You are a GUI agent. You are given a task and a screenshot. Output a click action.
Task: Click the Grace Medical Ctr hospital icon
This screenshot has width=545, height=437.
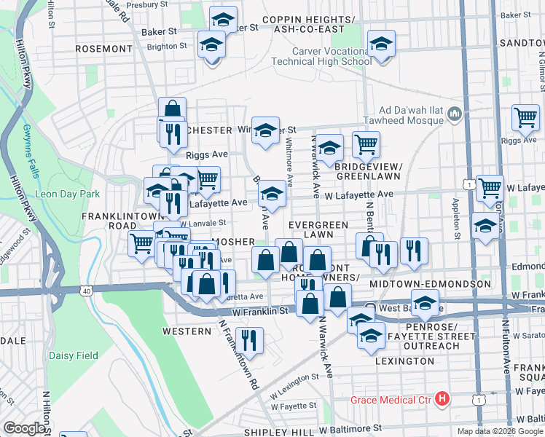[x=442, y=399]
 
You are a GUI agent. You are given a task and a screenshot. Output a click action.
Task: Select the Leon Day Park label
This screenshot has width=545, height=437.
[x=68, y=194]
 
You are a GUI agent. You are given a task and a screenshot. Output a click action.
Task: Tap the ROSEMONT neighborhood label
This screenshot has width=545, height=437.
[x=102, y=49]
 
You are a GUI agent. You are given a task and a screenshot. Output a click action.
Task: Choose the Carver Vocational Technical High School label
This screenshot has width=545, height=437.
[x=332, y=56]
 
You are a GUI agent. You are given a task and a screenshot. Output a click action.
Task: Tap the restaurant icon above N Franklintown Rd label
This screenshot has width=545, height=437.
[x=251, y=340]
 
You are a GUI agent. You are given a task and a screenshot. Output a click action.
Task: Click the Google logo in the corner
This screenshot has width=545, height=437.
[x=24, y=428]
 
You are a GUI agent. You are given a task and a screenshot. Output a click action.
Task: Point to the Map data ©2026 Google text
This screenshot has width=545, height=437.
[x=500, y=431]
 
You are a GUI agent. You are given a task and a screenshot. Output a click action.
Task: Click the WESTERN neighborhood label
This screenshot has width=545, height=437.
[x=187, y=331]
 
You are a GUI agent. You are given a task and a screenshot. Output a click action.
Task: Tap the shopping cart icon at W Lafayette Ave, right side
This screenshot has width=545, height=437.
[x=490, y=188]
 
